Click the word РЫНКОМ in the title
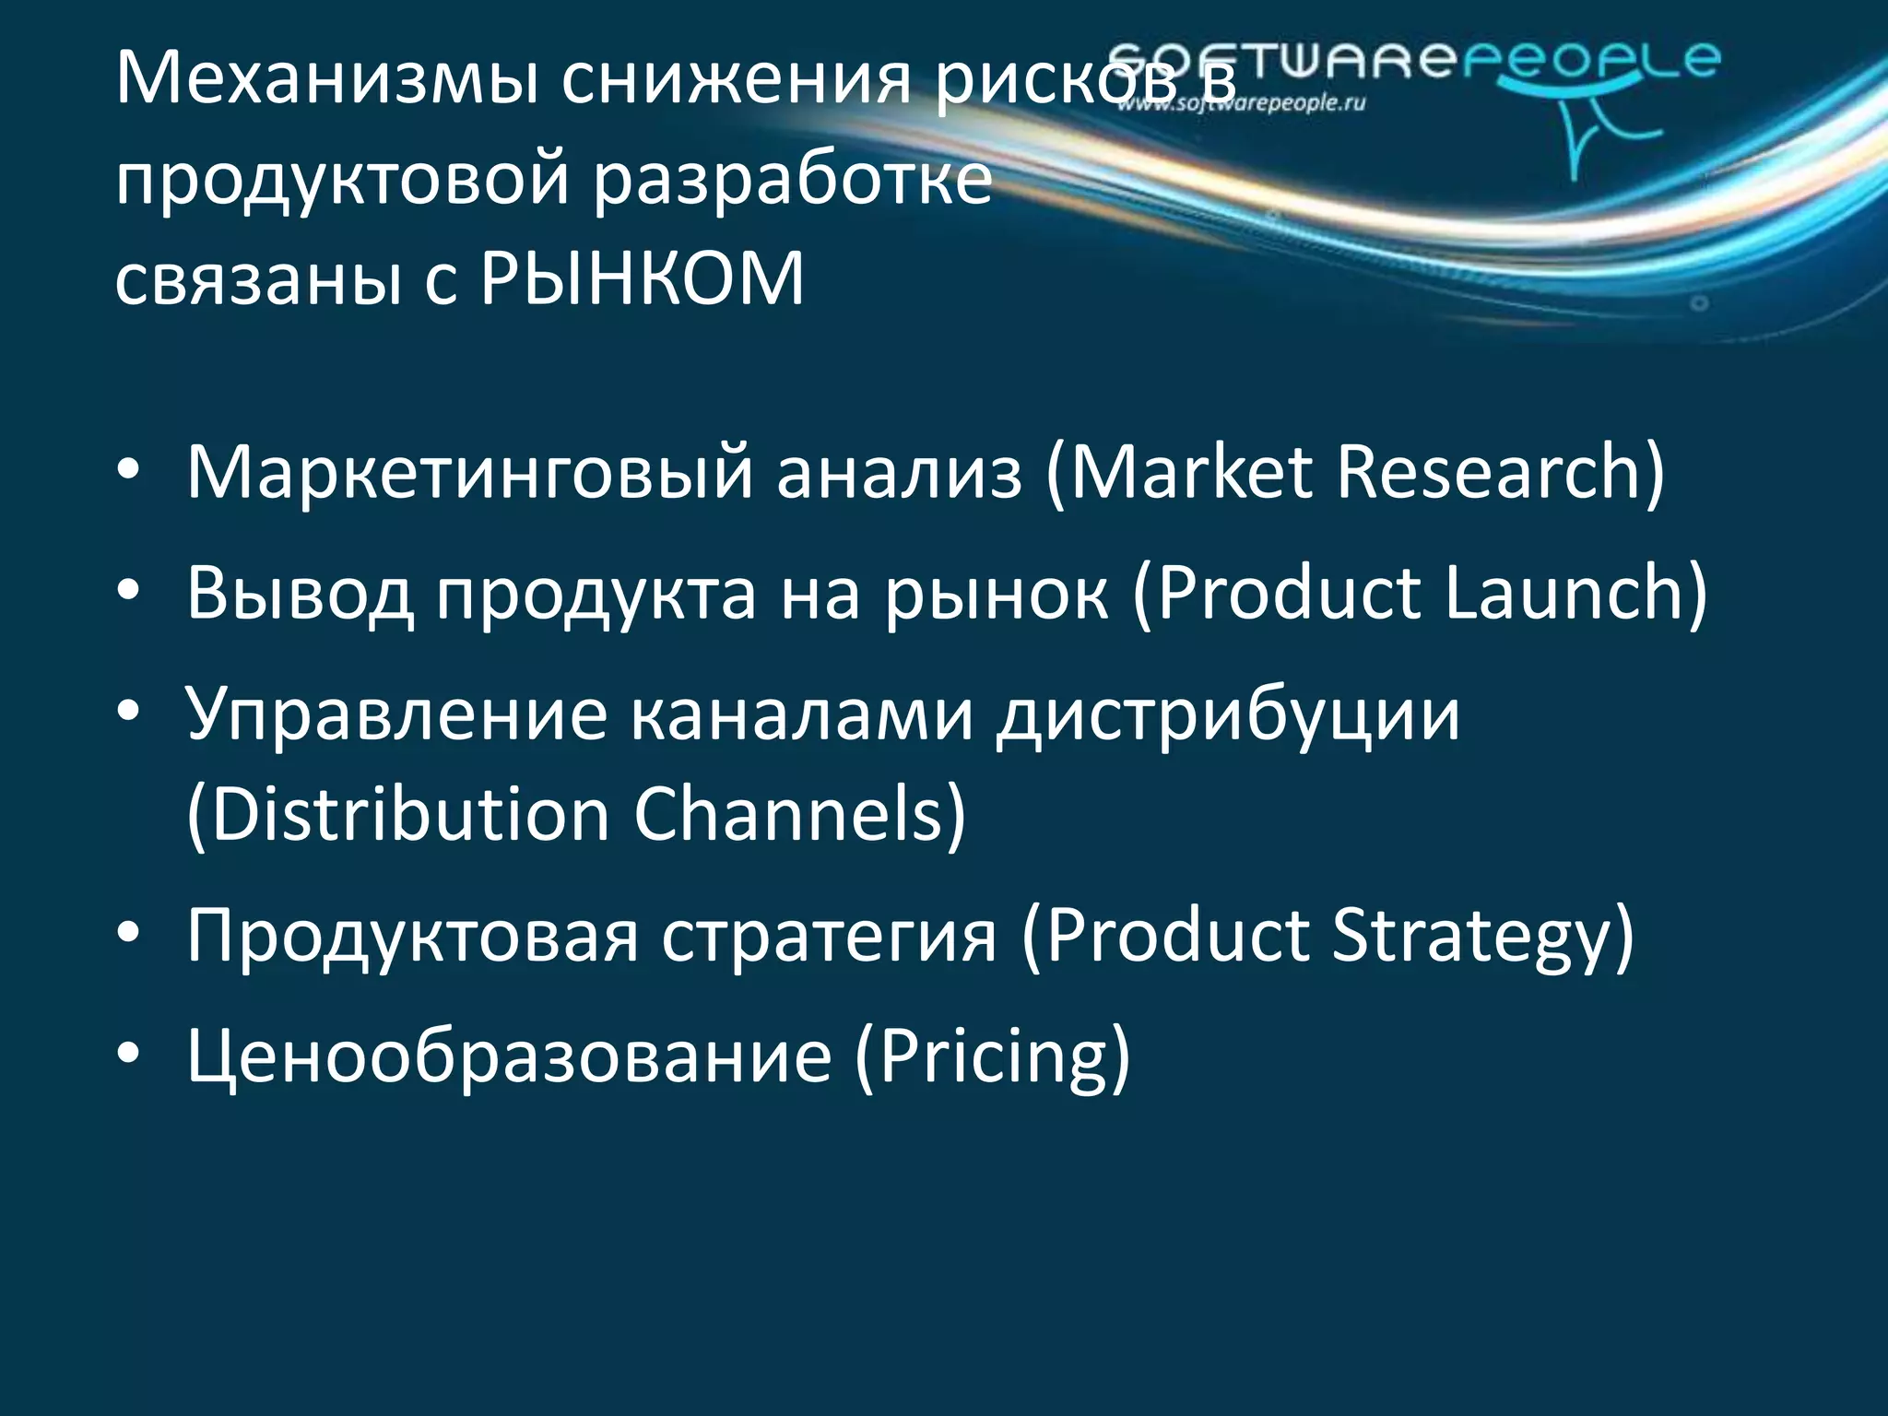[x=643, y=278]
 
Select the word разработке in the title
[x=793, y=179]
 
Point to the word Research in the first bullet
[x=1500, y=472]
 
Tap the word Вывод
[x=300, y=593]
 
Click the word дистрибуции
[x=1229, y=714]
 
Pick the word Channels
[x=799, y=815]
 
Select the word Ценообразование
[x=509, y=1056]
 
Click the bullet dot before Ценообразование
[x=128, y=1054]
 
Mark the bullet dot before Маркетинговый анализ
[x=128, y=470]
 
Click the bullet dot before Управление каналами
[x=128, y=711]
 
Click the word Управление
[x=396, y=714]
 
